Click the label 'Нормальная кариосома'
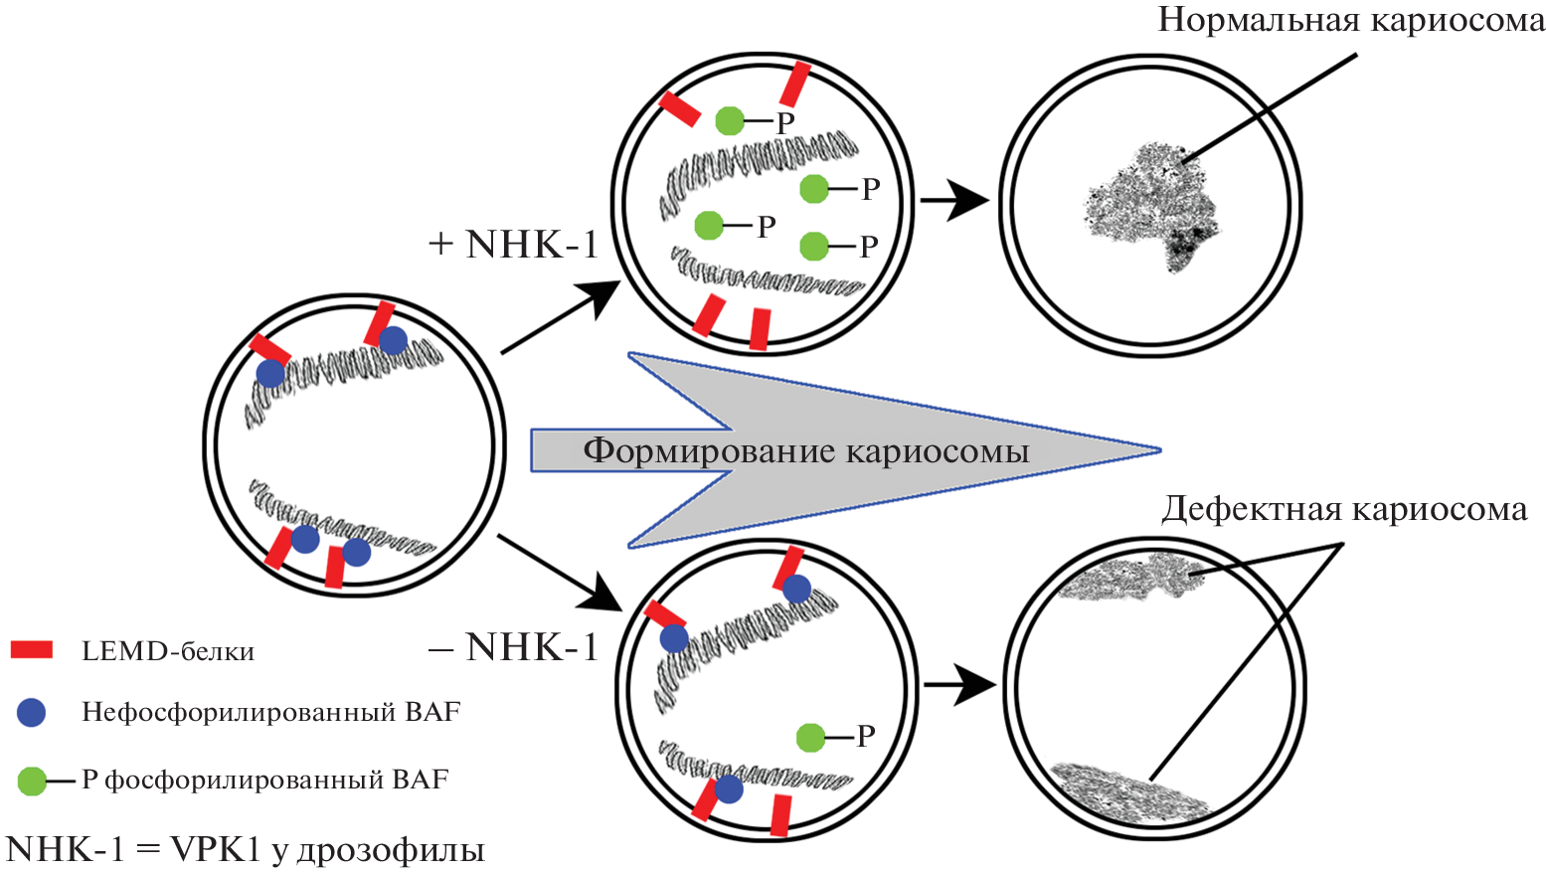pyautogui.click(x=1350, y=20)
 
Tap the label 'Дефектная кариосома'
pyautogui.click(x=1344, y=509)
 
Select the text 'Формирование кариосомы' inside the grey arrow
pyautogui.click(x=805, y=450)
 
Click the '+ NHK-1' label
pyautogui.click(x=514, y=244)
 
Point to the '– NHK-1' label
pyautogui.click(x=514, y=647)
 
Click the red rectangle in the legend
pyautogui.click(x=31, y=650)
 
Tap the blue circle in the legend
pyautogui.click(x=32, y=712)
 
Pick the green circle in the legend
pyautogui.click(x=32, y=781)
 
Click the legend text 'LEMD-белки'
pyautogui.click(x=168, y=651)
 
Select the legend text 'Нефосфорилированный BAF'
pyautogui.click(x=270, y=712)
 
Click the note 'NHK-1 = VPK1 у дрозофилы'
pyautogui.click(x=246, y=849)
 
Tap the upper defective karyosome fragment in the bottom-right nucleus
pyautogui.click(x=1130, y=578)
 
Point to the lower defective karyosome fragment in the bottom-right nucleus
pyautogui.click(x=1126, y=788)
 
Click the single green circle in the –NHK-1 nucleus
pyautogui.click(x=810, y=737)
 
